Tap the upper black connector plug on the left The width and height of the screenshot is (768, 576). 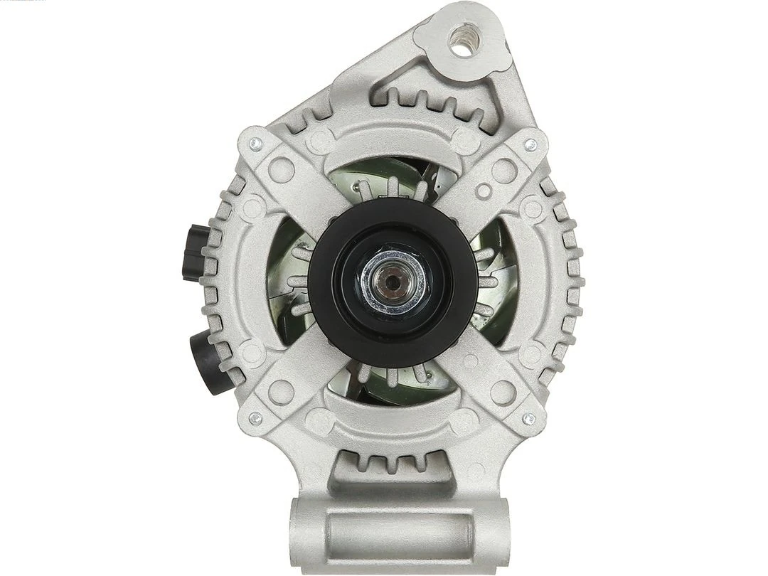pyautogui.click(x=195, y=252)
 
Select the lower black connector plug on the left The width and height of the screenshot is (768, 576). pyautogui.click(x=210, y=363)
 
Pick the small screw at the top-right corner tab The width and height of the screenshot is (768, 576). pyautogui.click(x=529, y=145)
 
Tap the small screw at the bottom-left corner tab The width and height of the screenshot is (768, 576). pyautogui.click(x=255, y=418)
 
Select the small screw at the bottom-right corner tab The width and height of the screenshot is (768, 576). pyautogui.click(x=528, y=418)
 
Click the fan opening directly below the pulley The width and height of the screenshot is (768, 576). pyautogui.click(x=391, y=388)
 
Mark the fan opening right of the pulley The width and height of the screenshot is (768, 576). pyautogui.click(x=498, y=281)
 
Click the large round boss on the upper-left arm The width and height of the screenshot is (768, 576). pyautogui.click(x=282, y=169)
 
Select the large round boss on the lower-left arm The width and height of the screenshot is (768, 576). pyautogui.click(x=282, y=392)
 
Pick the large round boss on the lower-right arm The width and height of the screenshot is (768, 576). pyautogui.click(x=503, y=392)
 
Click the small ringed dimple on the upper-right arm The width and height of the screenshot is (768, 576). pyautogui.click(x=484, y=191)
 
